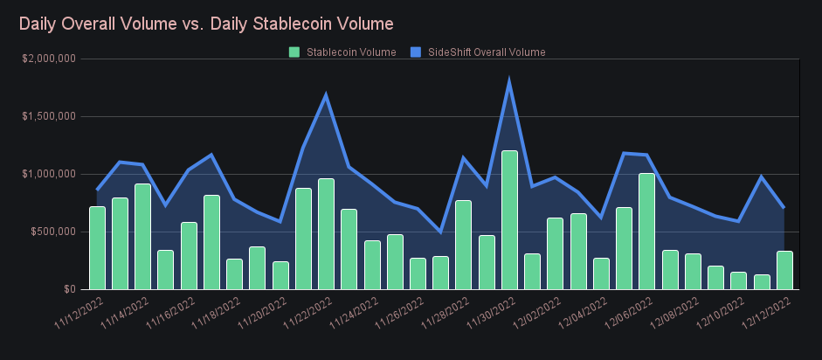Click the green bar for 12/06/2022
point(646,232)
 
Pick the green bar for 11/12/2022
point(97,248)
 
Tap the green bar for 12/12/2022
point(784,271)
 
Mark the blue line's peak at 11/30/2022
point(509,82)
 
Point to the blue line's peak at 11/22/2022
point(326,95)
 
